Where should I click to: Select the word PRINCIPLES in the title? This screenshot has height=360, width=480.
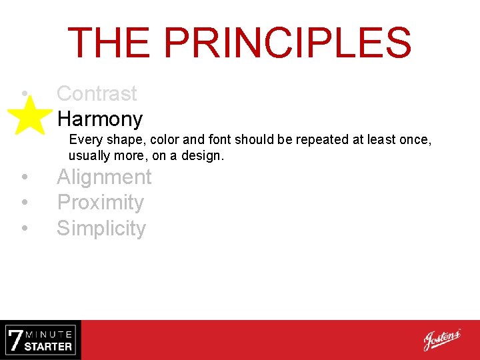click(287, 43)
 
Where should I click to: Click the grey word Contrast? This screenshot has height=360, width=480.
click(97, 94)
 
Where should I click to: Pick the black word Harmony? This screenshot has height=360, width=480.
click(99, 119)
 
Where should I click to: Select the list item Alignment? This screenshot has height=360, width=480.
click(104, 177)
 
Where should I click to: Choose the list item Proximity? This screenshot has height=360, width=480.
click(100, 203)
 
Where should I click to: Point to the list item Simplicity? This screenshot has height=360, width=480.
click(101, 229)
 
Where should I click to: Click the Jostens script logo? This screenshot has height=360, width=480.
click(441, 339)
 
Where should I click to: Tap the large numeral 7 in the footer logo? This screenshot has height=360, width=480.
click(15, 340)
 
